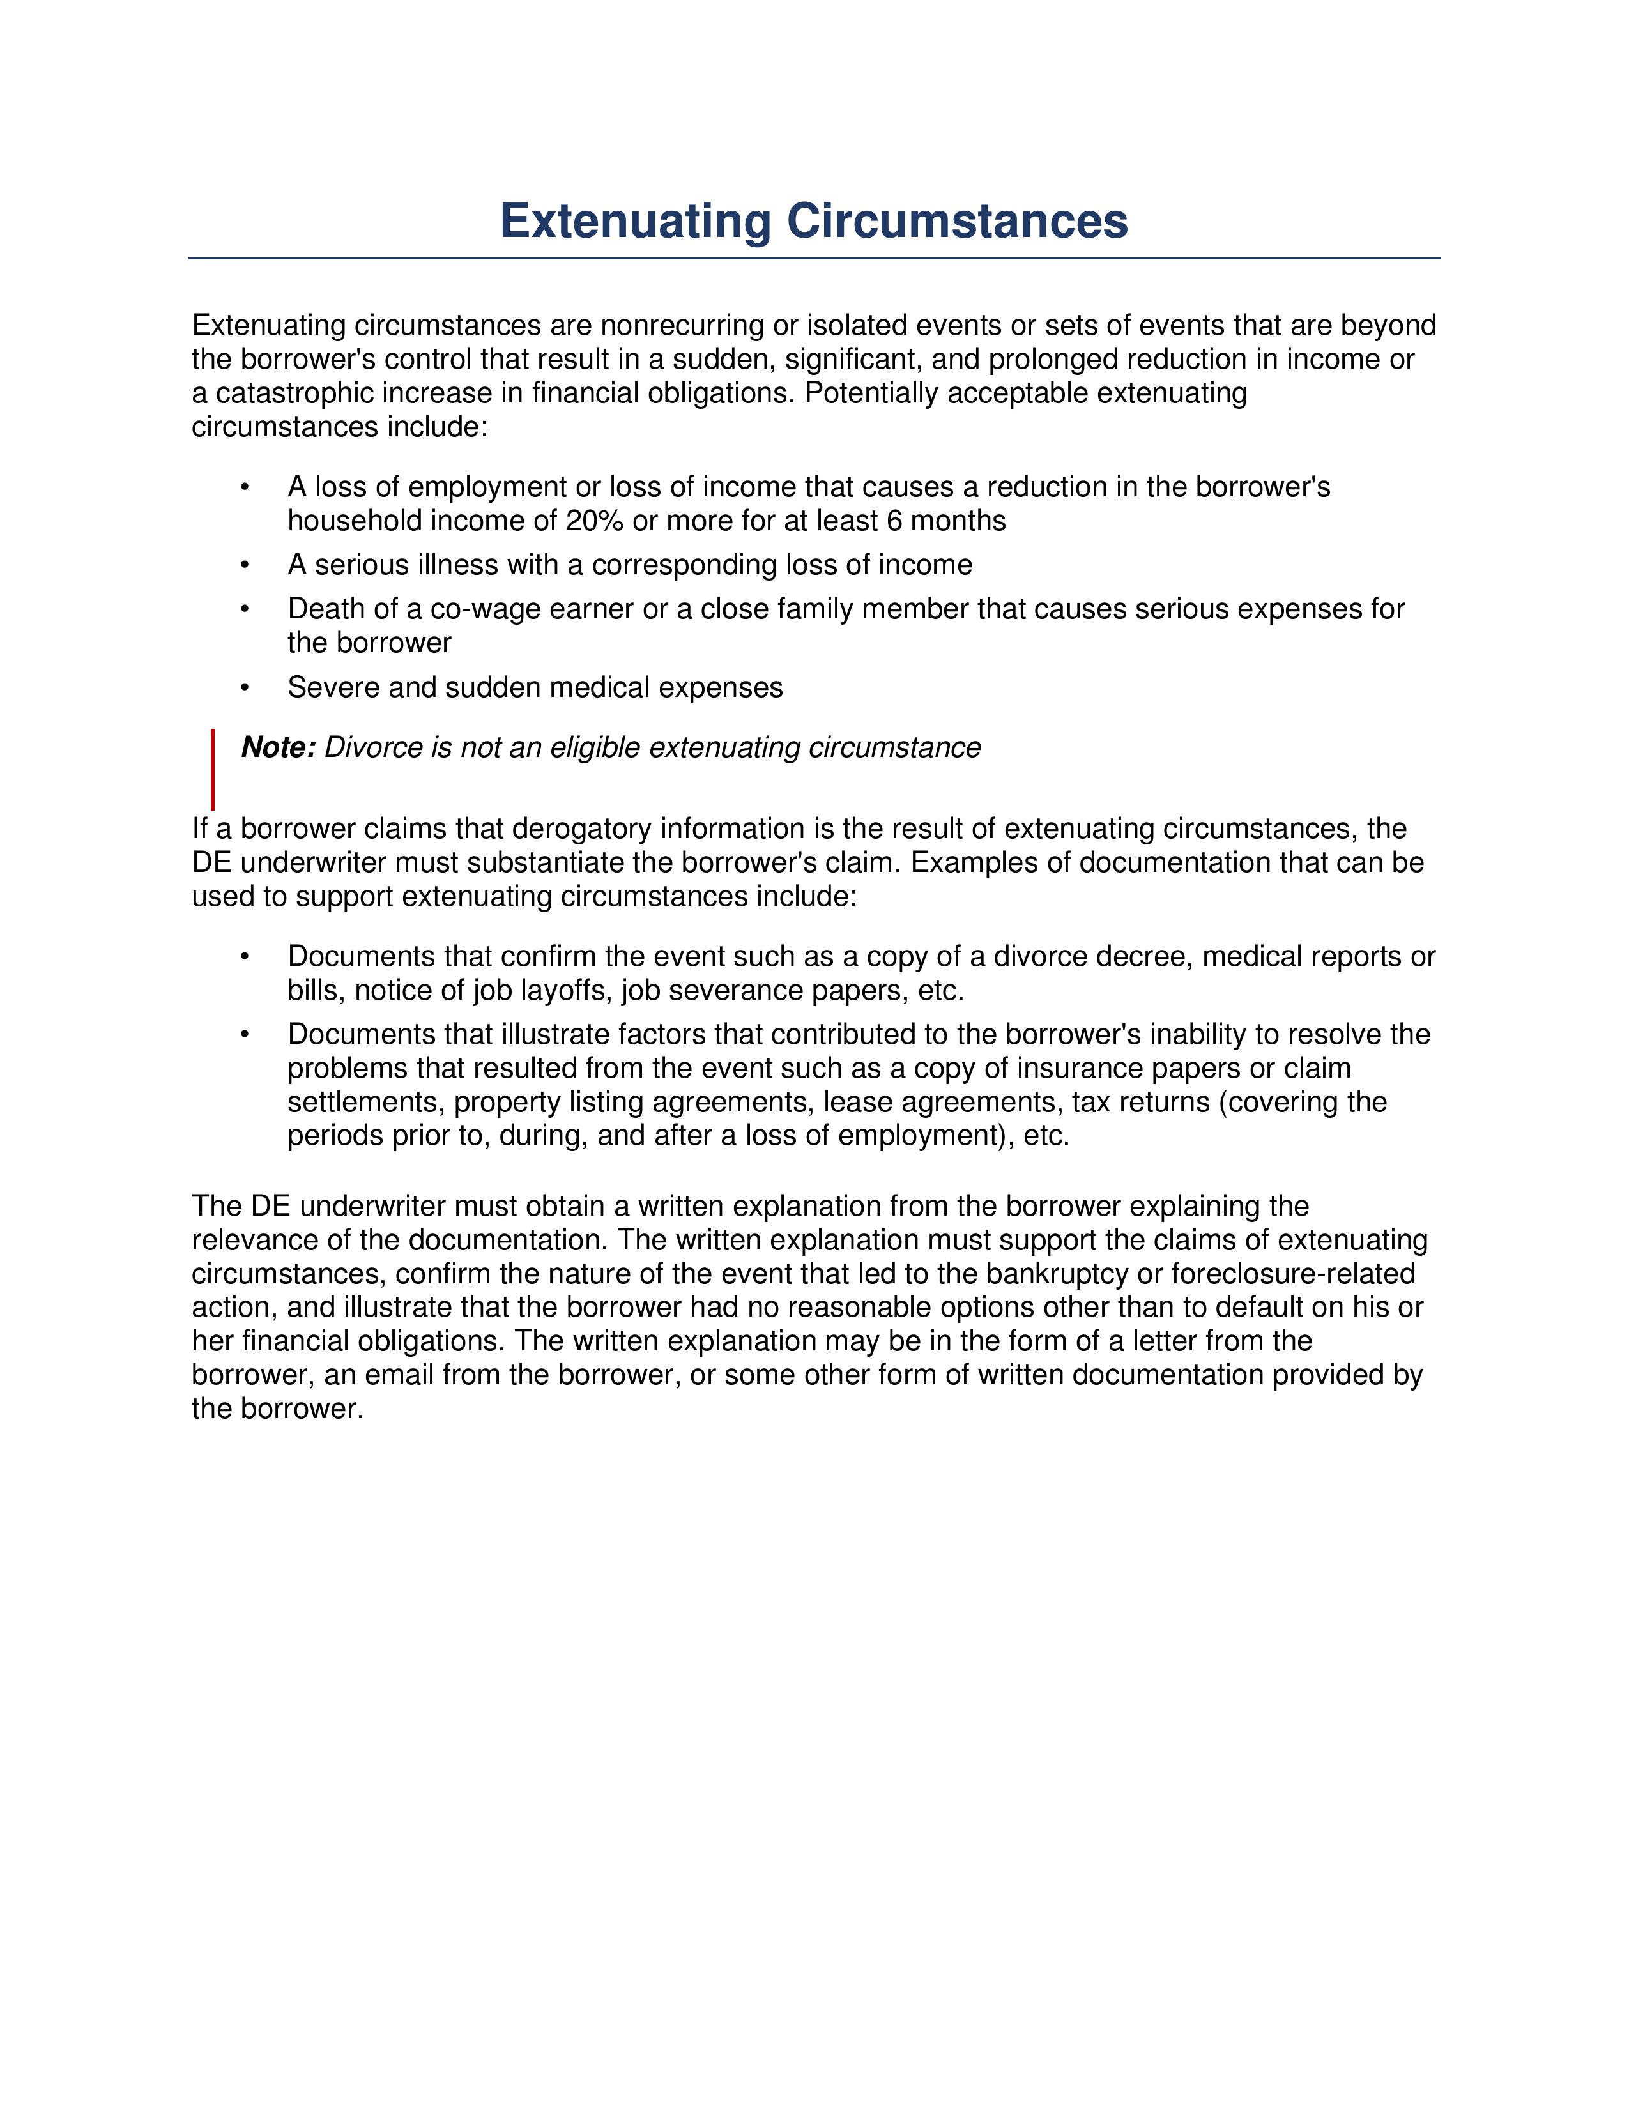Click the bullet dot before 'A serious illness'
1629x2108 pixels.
pyautogui.click(x=245, y=565)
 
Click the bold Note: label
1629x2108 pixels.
pyautogui.click(x=278, y=747)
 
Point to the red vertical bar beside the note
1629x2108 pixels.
pyautogui.click(x=212, y=769)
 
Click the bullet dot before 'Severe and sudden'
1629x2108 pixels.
pyautogui.click(x=245, y=687)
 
